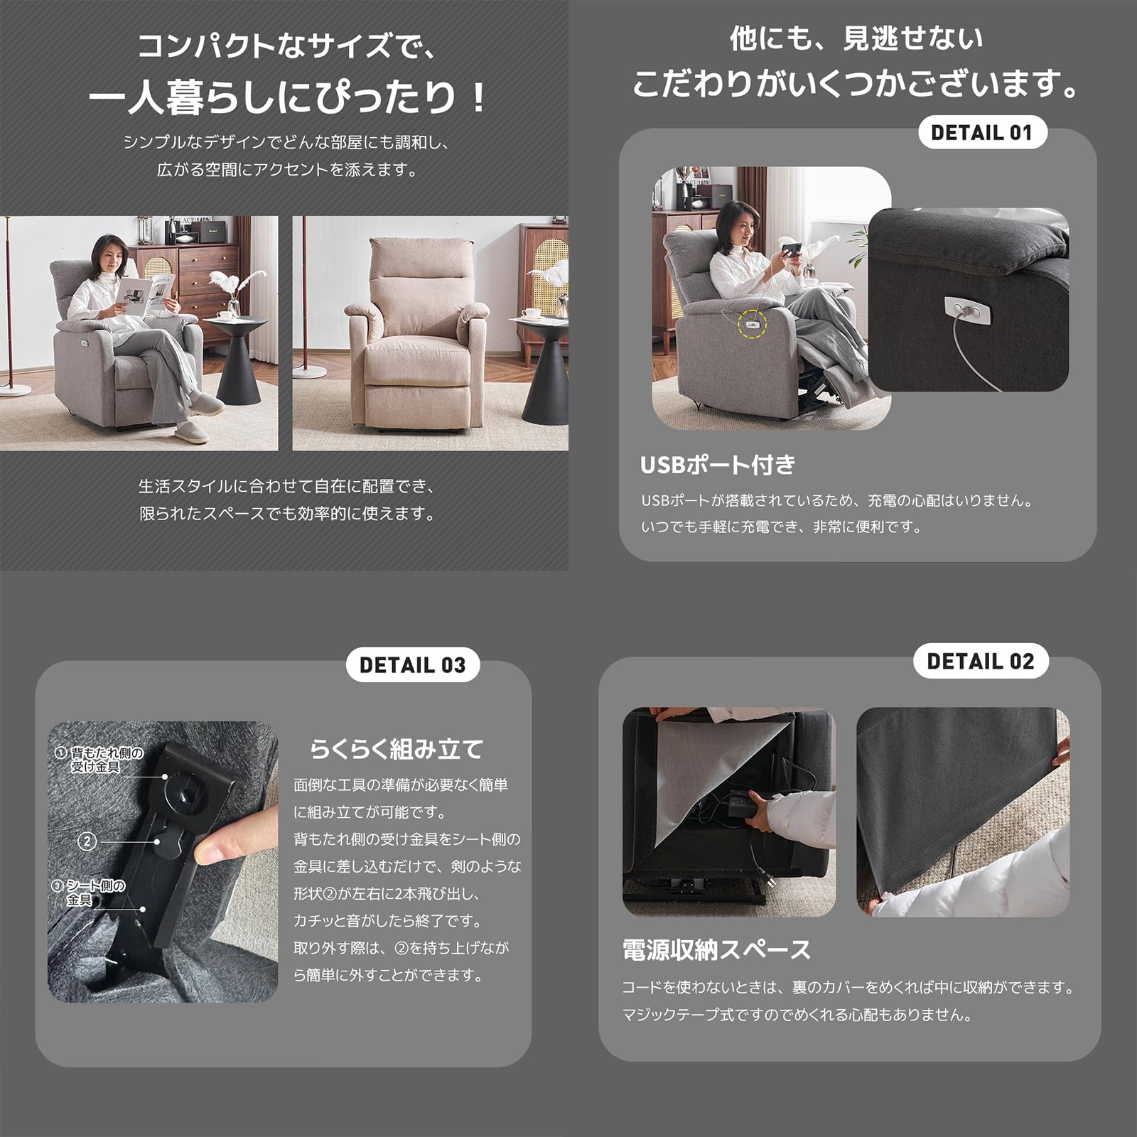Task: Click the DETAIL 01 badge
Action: pyautogui.click(x=982, y=132)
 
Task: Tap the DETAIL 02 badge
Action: pyautogui.click(x=980, y=662)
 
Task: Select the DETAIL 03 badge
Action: pyautogui.click(x=412, y=665)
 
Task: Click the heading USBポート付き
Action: pyautogui.click(x=718, y=465)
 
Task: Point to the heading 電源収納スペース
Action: pyautogui.click(x=716, y=950)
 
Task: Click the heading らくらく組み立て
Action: pyautogui.click(x=397, y=749)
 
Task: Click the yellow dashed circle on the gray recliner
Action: pyautogui.click(x=753, y=325)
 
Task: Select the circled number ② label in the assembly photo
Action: pyautogui.click(x=87, y=841)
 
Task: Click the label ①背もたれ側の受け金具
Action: pyautogui.click(x=99, y=760)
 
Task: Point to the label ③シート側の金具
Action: pyautogui.click(x=88, y=893)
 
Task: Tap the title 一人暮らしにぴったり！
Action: pyautogui.click(x=286, y=97)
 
